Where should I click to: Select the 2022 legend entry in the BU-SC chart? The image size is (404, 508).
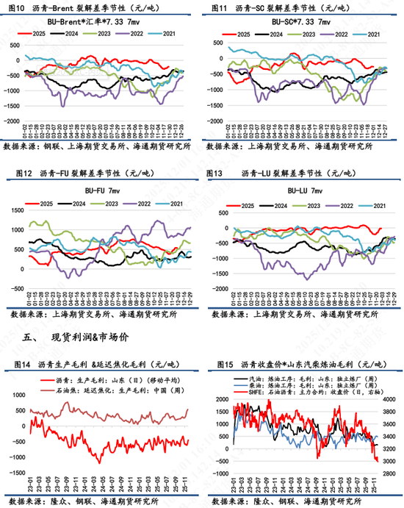[331, 34]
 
